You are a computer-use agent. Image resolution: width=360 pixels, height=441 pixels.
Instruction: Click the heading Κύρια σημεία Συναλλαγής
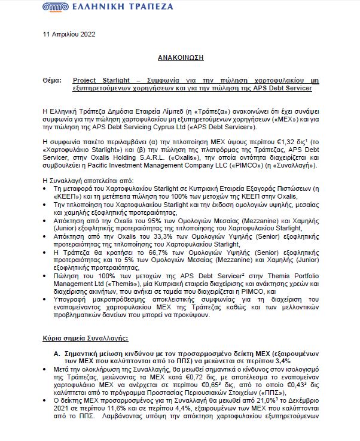click(x=88, y=338)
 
